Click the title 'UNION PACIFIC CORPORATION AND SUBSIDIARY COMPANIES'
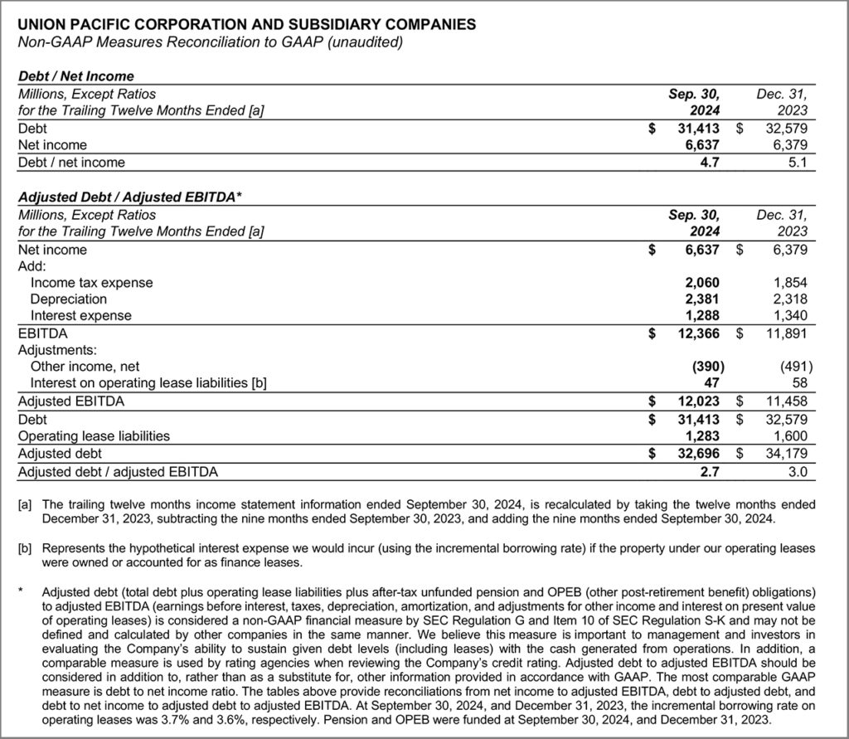tap(247, 24)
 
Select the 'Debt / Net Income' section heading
tap(76, 77)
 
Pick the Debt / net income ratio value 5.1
tap(798, 162)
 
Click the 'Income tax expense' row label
tap(92, 282)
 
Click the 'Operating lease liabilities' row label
tap(94, 435)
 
